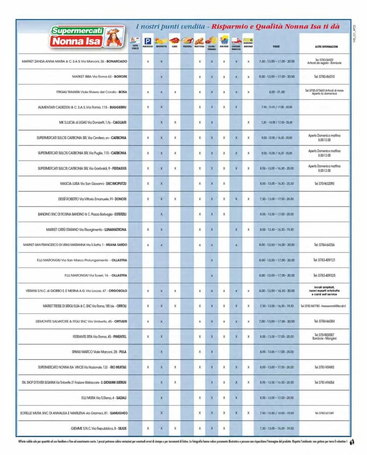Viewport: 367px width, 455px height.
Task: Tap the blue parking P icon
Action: (148, 41)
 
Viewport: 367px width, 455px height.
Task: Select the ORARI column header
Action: (276, 47)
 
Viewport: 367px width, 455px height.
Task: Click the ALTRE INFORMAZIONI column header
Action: (324, 47)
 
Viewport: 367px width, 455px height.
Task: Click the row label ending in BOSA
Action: (91, 92)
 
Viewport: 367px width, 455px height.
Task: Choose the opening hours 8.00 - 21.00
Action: (276, 92)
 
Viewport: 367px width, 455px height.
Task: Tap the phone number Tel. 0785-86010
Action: (324, 77)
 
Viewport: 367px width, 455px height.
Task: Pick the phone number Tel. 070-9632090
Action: (324, 184)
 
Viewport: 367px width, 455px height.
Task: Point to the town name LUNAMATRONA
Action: (116, 230)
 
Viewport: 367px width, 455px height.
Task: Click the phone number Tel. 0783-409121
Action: (324, 260)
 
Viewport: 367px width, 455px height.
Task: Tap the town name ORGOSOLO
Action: (118, 291)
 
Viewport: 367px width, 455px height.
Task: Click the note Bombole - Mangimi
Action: (324, 338)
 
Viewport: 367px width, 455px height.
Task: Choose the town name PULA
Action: (123, 352)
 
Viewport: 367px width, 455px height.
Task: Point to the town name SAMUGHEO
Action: (119, 413)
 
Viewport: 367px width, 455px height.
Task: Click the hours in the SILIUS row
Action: (276, 428)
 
